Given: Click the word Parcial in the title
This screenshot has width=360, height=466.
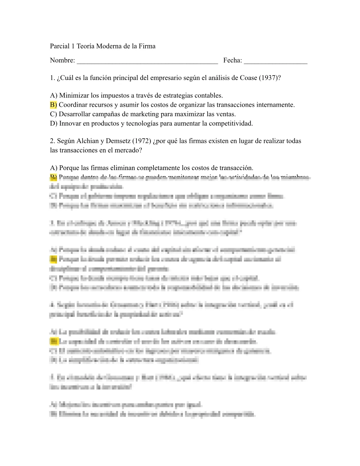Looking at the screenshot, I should click(60, 46).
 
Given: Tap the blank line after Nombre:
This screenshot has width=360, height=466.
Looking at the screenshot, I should click(147, 61).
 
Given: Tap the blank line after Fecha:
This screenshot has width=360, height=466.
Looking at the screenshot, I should click(276, 61).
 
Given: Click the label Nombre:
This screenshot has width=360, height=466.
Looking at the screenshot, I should click(62, 60).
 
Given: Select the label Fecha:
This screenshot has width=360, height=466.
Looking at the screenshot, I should click(232, 60).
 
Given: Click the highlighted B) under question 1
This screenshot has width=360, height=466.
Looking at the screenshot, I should click(54, 105).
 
